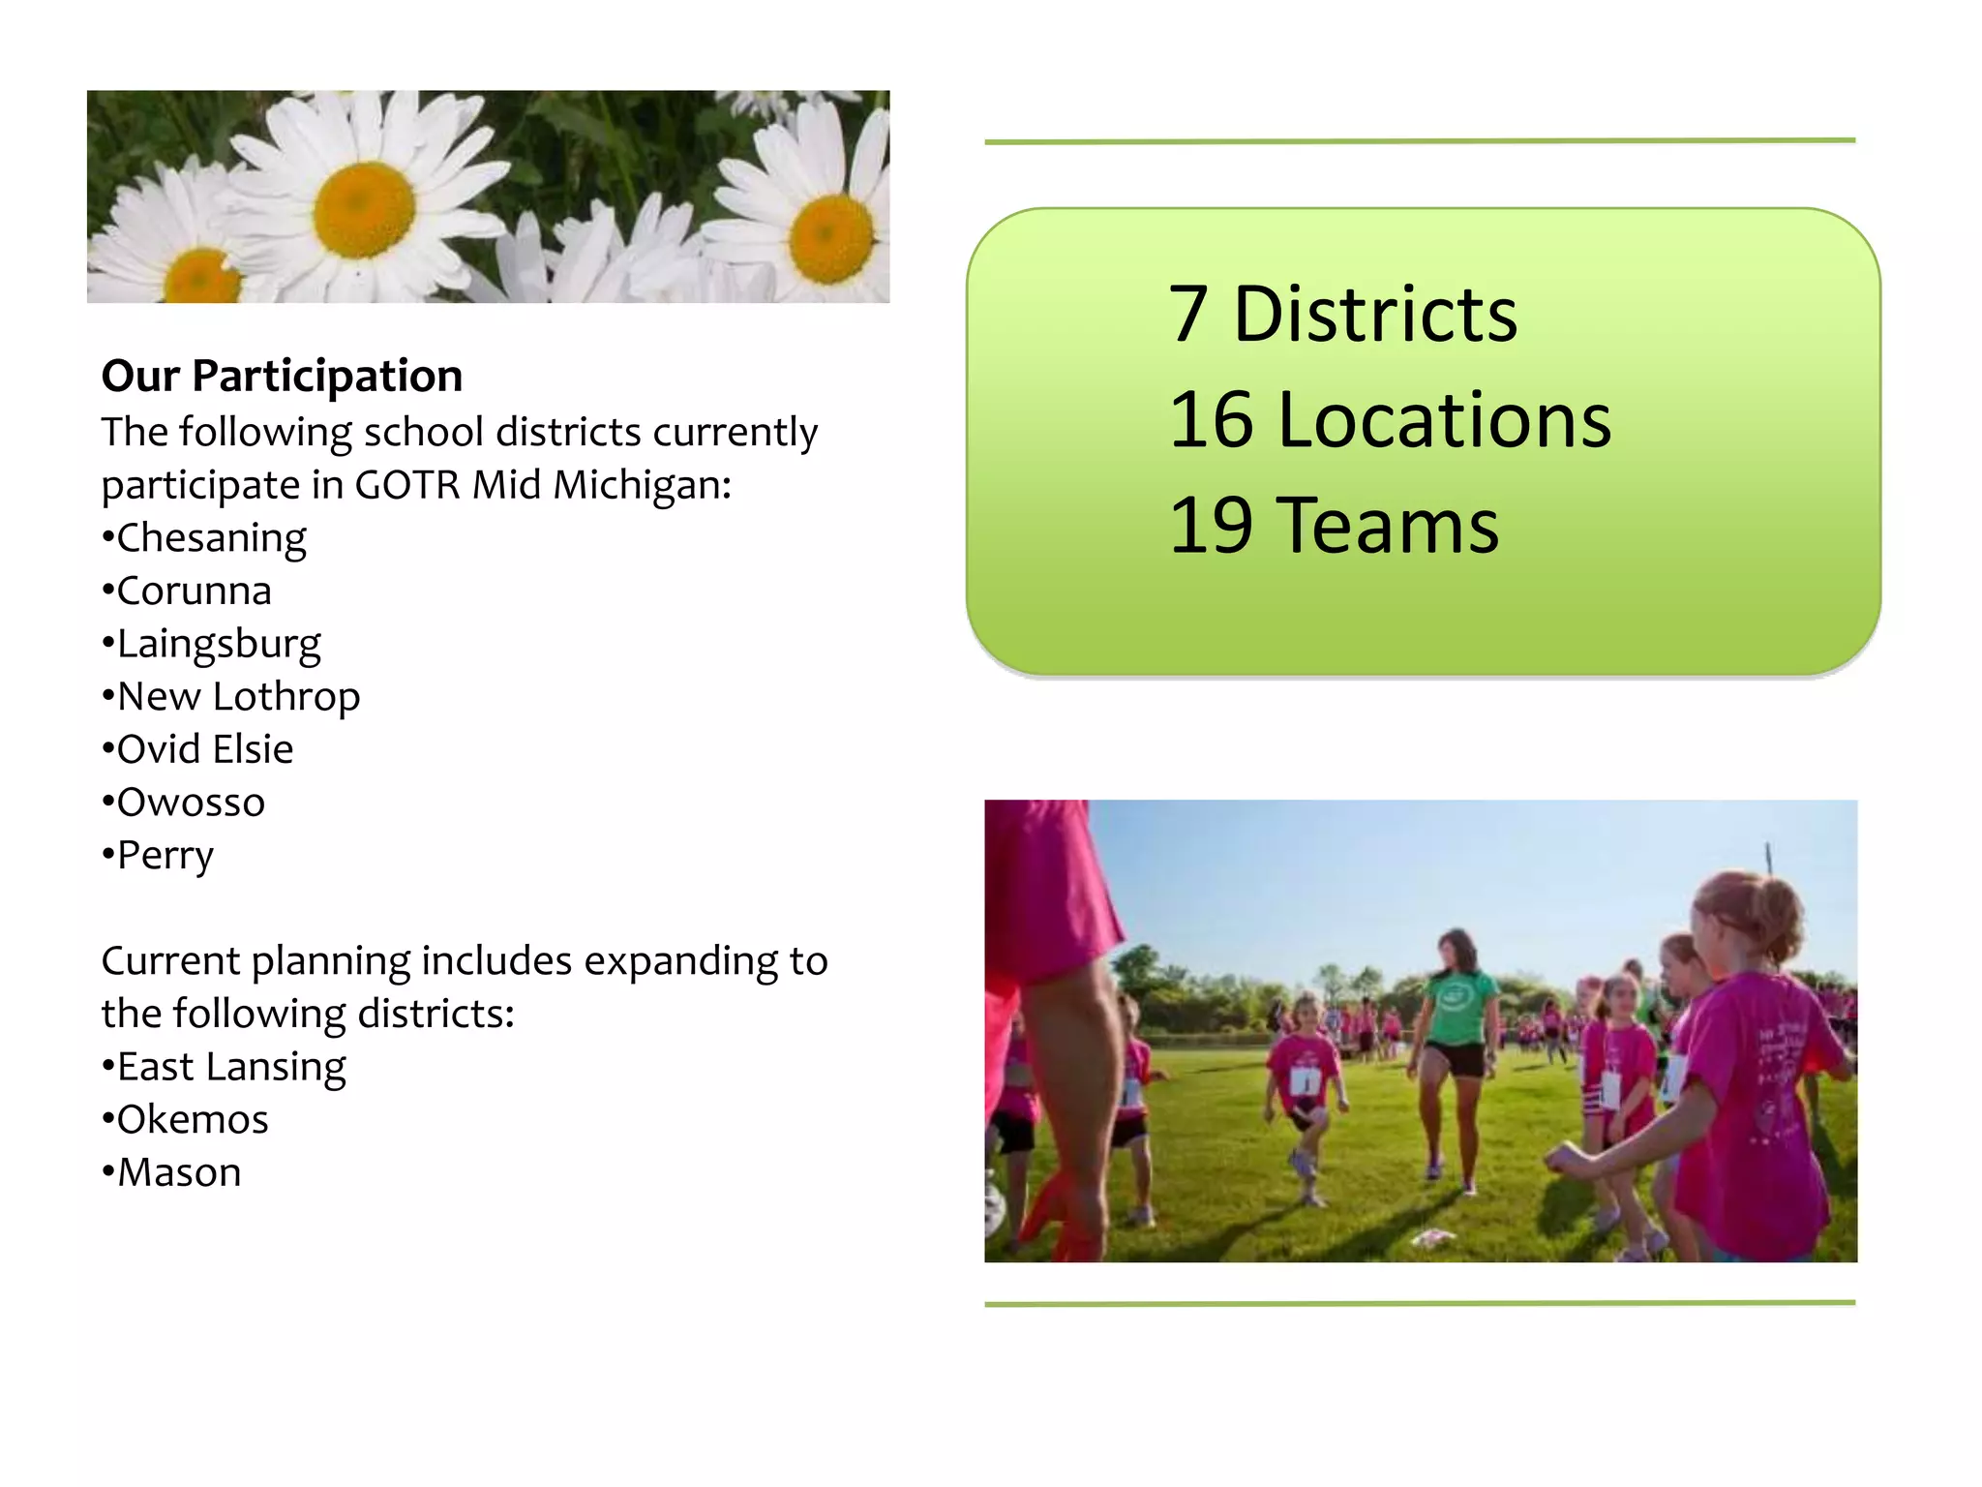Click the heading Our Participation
(x=282, y=376)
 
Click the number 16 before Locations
(x=1211, y=420)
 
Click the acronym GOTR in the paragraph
(x=407, y=485)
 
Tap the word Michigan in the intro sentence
(x=641, y=485)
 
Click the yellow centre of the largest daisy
(x=364, y=210)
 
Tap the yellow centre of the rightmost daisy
(x=830, y=237)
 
